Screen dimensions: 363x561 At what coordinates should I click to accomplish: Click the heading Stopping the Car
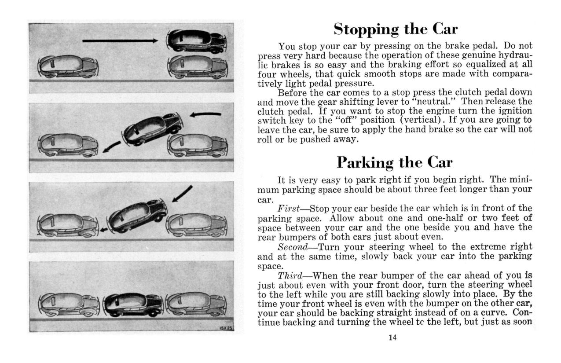point(395,29)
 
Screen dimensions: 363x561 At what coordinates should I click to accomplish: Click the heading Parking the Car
point(395,162)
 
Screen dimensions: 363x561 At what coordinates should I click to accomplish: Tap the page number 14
point(392,338)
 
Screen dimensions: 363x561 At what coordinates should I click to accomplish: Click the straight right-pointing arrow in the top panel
point(120,41)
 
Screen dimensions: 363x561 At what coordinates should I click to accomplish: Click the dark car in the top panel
point(197,40)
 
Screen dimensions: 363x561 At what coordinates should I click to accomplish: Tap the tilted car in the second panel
point(153,128)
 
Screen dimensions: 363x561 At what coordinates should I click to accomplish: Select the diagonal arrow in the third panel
point(182,194)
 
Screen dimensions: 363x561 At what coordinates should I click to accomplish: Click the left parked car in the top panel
point(68,66)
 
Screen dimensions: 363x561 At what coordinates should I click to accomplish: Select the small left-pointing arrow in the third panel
point(103,230)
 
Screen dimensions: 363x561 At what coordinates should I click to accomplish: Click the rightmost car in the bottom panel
point(196,304)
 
